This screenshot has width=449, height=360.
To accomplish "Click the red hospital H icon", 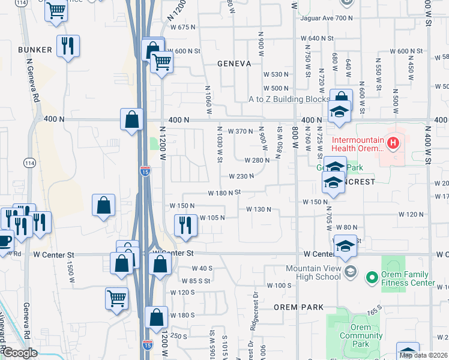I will pyautogui.click(x=393, y=143).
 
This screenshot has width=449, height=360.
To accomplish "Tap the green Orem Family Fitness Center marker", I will pyautogui.click(x=372, y=277).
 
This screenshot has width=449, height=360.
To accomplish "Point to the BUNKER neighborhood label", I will pyautogui.click(x=35, y=50).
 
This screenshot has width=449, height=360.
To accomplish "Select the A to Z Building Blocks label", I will pyautogui.click(x=290, y=99).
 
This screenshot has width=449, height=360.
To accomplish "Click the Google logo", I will pyautogui.click(x=19, y=353).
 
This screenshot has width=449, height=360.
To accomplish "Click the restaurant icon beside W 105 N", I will pyautogui.click(x=183, y=224).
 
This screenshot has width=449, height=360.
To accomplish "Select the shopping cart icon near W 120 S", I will pyautogui.click(x=116, y=298).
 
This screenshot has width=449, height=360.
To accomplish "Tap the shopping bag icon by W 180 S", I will pyautogui.click(x=156, y=317).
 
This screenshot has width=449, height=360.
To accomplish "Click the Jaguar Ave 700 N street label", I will pyautogui.click(x=328, y=18).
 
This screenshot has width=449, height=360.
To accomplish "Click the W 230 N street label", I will pyautogui.click(x=241, y=176).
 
